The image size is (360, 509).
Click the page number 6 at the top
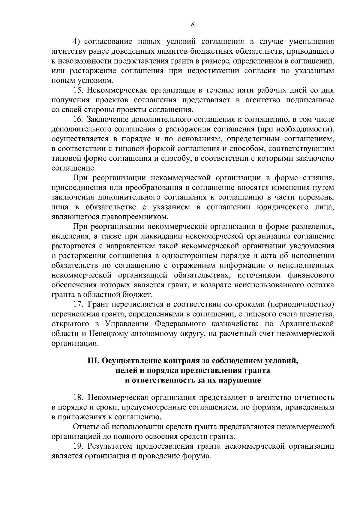click(x=193, y=25)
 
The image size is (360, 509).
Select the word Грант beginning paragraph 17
click(x=98, y=305)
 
